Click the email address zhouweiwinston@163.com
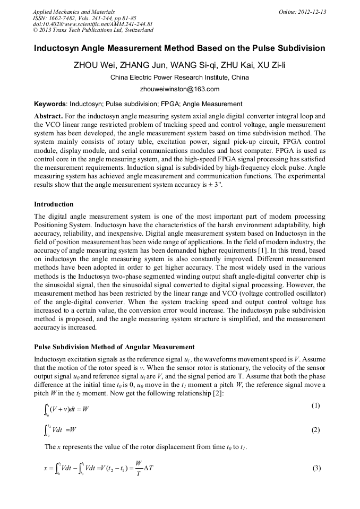(x=179, y=89)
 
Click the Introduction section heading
(x=54, y=204)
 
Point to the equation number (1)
(x=315, y=406)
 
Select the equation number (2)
(x=315, y=430)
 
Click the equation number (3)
(x=315, y=469)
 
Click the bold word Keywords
(x=50, y=104)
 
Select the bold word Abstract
(x=49, y=116)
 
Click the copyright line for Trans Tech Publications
(x=93, y=30)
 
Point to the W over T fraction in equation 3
(x=139, y=469)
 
